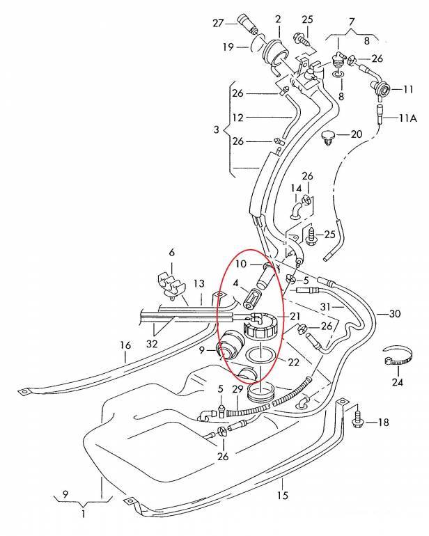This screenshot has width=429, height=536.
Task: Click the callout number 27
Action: click(x=217, y=23)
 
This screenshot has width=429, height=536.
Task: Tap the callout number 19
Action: click(x=228, y=47)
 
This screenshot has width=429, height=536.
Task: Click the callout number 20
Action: click(x=356, y=134)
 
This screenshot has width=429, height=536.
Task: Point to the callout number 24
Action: click(x=398, y=381)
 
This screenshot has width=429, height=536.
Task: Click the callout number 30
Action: click(x=395, y=313)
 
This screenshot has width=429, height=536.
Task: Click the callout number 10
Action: click(x=241, y=264)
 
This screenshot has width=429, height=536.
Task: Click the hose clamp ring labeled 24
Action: click(x=395, y=359)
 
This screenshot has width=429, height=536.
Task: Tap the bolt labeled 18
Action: click(x=359, y=420)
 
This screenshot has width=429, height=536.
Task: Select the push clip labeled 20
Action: click(x=330, y=136)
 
